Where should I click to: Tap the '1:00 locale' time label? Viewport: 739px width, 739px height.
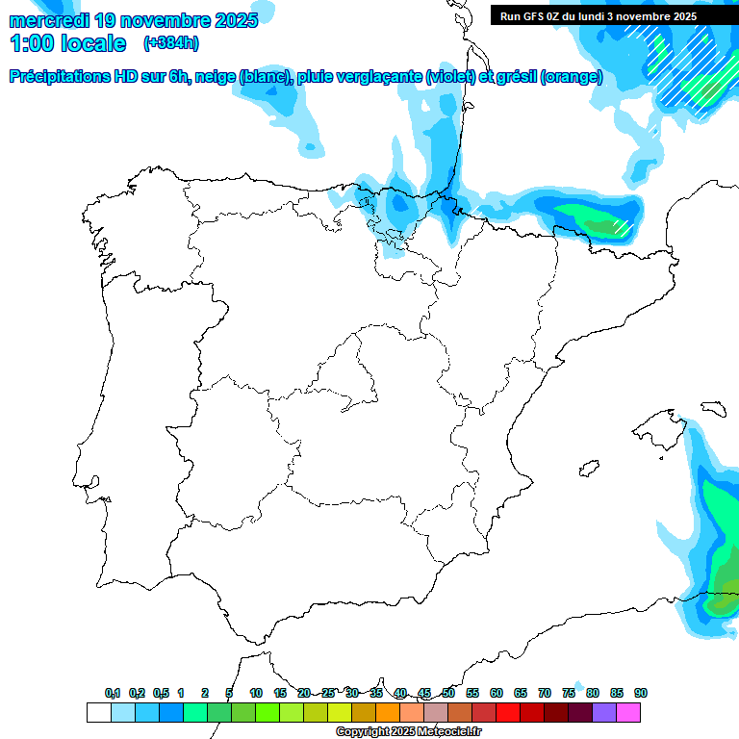[x=67, y=43]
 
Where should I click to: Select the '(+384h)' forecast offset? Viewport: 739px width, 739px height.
[x=171, y=43]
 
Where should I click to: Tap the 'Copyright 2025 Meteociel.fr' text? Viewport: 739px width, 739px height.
[x=408, y=732]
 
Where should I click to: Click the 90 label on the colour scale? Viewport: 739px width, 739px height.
[x=641, y=693]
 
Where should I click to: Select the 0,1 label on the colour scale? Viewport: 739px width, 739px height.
[x=113, y=693]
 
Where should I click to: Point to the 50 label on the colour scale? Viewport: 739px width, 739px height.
[x=448, y=693]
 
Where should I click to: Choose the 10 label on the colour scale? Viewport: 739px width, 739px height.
[x=256, y=693]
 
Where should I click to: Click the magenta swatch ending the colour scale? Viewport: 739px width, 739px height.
[x=628, y=712]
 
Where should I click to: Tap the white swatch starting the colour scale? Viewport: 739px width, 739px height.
[x=98, y=712]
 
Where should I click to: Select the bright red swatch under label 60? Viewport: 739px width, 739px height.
[x=508, y=712]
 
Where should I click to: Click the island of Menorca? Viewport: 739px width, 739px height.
[x=713, y=408]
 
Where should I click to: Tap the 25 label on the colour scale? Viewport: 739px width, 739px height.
[x=328, y=693]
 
